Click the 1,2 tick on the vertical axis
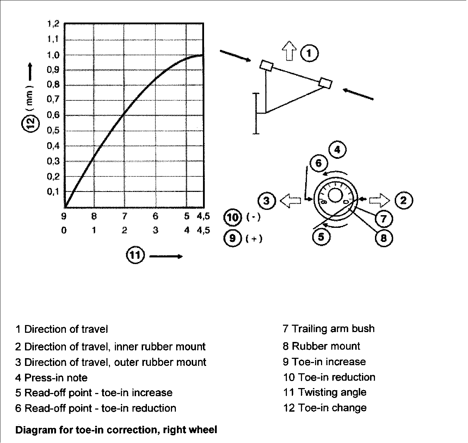pos(53,24)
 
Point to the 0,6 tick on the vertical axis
pos(53,115)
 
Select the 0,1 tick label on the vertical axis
pos(53,192)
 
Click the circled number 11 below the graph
pos(135,255)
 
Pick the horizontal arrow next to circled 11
pos(166,256)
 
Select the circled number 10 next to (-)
pos(233,217)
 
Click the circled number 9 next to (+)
pos(233,238)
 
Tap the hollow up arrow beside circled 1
pos(290,51)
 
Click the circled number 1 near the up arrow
pos(309,53)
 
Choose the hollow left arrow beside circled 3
pos(291,201)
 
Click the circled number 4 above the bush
pos(337,150)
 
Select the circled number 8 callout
pos(383,238)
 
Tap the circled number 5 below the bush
pos(321,236)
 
